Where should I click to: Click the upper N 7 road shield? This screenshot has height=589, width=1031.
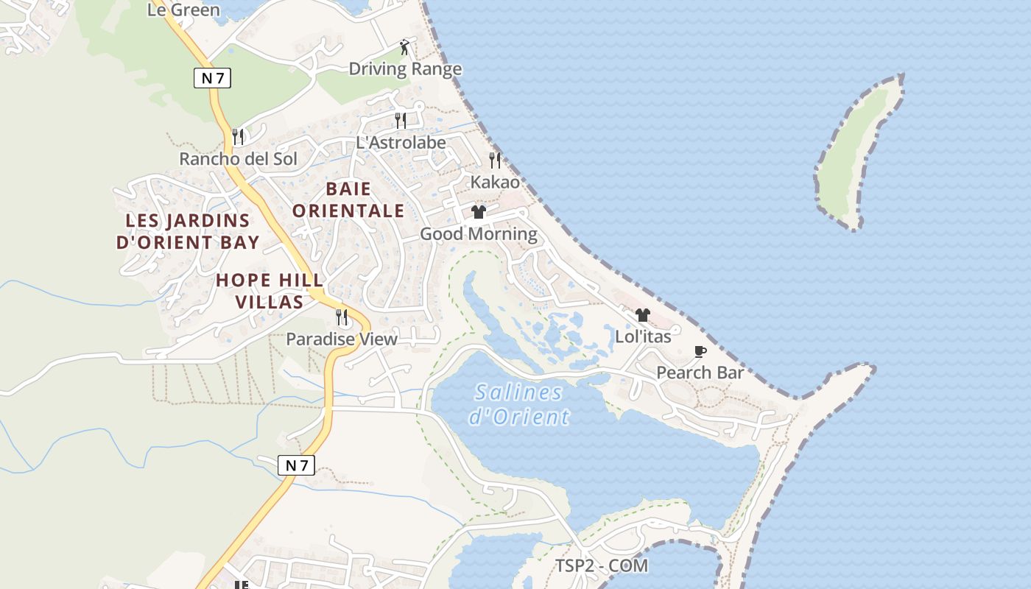(212, 78)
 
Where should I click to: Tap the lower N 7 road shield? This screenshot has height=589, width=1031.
(296, 465)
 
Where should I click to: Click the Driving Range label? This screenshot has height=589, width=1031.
(405, 69)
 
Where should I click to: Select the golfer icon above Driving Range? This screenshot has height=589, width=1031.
(404, 48)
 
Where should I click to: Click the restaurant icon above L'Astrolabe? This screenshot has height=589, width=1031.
(401, 120)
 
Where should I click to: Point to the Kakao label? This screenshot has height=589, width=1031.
(495, 182)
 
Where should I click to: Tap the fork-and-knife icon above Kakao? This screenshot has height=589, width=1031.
(495, 160)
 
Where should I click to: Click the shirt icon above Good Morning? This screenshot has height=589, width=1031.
(479, 212)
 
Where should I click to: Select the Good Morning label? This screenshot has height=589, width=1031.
(479, 234)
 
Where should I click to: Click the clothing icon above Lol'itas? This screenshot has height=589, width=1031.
(643, 315)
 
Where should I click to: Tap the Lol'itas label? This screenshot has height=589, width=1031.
(643, 336)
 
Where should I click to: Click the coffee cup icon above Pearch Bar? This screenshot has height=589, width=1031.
(700, 351)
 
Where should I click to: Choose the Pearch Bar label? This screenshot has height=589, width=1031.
(700, 373)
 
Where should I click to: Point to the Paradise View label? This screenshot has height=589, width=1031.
(342, 339)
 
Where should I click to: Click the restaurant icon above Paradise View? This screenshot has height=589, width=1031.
(342, 317)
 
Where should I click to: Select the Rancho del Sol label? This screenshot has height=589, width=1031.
(239, 159)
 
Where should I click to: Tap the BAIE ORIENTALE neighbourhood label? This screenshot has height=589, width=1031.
(348, 200)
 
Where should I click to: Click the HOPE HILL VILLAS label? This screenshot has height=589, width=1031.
(270, 291)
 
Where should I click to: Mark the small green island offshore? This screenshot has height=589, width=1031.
(858, 155)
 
